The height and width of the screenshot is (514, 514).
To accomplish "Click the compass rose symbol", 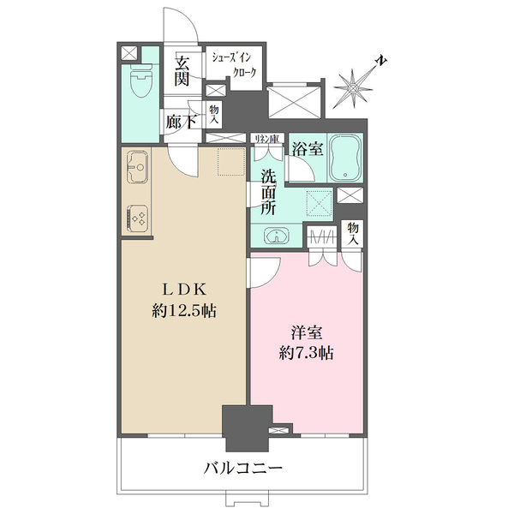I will (x=353, y=87).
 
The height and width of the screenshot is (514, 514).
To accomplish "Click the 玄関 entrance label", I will (x=182, y=71).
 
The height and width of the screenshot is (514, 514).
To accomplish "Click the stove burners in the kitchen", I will (x=137, y=218).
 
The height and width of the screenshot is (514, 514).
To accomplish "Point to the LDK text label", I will (x=181, y=289).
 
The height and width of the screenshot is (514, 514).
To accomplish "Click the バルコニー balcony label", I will (x=243, y=469).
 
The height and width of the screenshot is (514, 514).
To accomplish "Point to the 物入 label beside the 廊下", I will (x=214, y=113).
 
